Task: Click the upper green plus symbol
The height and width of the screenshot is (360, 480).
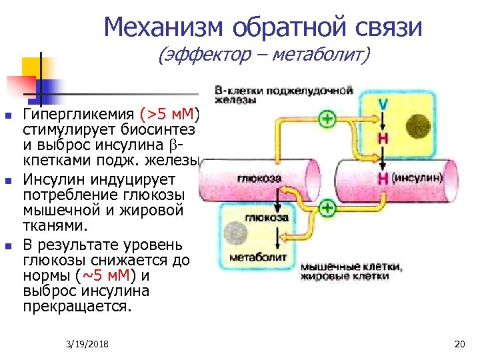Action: [327, 121]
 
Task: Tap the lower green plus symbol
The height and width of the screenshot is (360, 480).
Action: [327, 209]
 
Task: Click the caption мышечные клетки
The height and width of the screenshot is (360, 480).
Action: [351, 267]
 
